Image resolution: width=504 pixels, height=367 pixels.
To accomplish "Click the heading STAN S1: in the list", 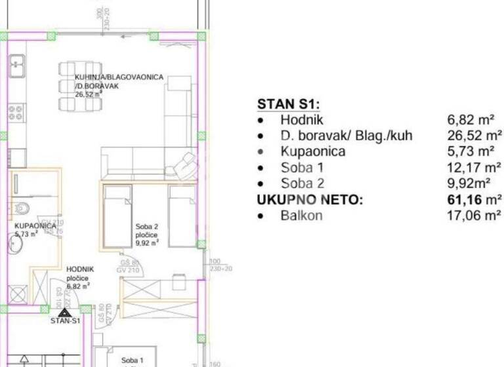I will pos(287,104).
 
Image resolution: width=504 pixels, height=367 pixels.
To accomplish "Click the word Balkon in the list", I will pos(301,216).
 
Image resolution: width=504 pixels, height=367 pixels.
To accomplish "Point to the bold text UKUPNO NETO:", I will pos(309,200).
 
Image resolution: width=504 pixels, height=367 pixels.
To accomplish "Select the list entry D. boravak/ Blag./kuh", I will pos(346,136).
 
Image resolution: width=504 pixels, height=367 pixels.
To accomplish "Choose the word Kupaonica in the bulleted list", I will pos(312,152).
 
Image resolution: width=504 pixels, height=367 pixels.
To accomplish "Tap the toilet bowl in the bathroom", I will pos(20,208).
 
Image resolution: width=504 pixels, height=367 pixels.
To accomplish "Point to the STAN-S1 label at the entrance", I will pos(65,321).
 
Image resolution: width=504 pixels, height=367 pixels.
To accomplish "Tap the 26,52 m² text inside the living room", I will pos(88,94).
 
